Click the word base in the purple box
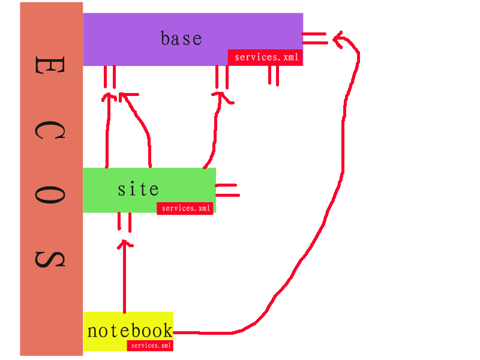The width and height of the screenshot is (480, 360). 181,39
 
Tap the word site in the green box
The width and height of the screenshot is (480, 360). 139,190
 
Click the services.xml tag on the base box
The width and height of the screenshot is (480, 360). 265,58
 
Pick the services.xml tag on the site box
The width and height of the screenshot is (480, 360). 185,209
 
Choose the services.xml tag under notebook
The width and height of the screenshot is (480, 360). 151,346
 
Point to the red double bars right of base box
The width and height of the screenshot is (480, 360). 315,38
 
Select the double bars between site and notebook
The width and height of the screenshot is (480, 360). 124,221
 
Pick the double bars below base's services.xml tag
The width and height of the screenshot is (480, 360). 274,75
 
